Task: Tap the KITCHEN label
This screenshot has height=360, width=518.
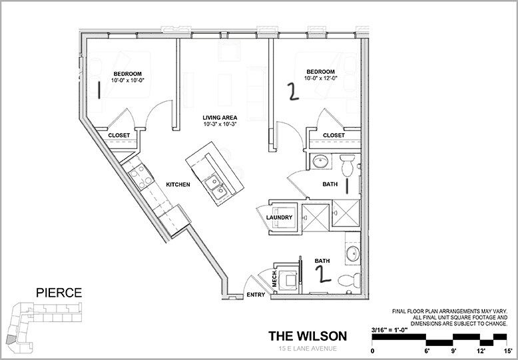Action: click(178, 184)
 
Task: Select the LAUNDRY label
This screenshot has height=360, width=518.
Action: click(279, 218)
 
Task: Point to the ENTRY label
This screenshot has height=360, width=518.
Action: click(256, 295)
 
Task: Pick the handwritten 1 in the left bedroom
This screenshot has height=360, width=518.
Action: click(99, 90)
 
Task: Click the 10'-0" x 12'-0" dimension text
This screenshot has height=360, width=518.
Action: click(320, 79)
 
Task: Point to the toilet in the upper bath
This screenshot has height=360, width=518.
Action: click(346, 162)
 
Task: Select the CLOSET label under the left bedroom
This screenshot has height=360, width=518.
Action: click(119, 136)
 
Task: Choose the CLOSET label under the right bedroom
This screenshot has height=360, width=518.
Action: click(334, 136)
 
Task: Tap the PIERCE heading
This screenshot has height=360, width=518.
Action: click(59, 292)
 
